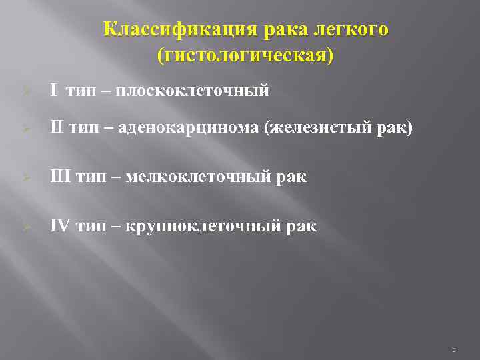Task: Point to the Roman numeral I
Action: (x=53, y=91)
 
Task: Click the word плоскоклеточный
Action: (x=193, y=91)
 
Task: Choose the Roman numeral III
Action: (x=60, y=177)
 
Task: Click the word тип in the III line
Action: (x=89, y=177)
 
